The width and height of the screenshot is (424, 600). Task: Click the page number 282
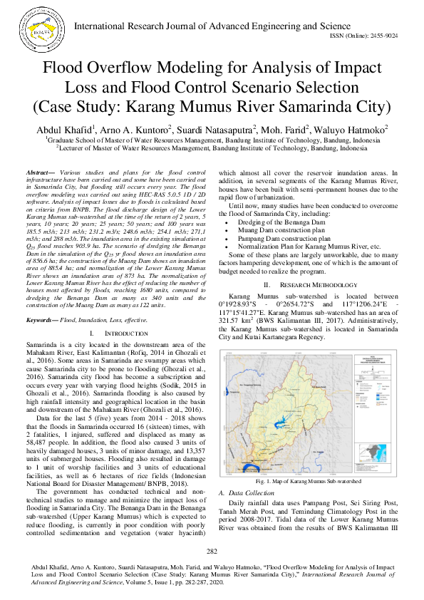click(x=212, y=552)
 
